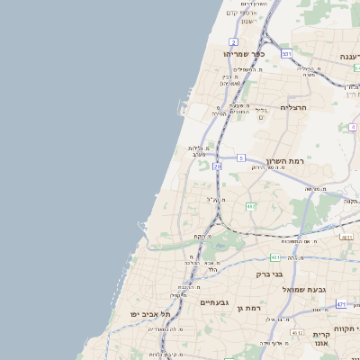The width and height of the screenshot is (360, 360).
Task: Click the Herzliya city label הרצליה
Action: [x=293, y=107]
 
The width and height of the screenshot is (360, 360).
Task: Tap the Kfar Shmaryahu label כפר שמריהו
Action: [x=244, y=54]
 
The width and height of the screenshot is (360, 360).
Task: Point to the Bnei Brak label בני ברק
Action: [x=269, y=274]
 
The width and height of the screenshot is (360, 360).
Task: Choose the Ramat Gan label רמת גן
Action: [x=249, y=308]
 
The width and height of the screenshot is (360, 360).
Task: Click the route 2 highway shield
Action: [x=234, y=42]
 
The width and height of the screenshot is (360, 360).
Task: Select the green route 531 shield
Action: [x=286, y=54]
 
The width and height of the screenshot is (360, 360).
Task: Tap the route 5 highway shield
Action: [x=241, y=157]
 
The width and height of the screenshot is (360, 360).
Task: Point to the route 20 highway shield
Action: [x=217, y=166]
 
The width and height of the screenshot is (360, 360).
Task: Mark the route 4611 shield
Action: [x=346, y=237]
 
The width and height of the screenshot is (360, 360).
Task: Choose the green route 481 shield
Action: [x=274, y=257]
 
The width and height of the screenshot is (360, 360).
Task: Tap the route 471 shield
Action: [x=342, y=304]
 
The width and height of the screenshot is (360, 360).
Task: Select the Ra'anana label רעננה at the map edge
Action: [x=349, y=56]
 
